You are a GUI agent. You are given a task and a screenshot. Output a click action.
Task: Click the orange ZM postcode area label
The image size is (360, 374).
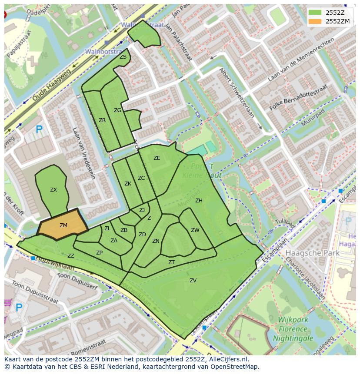[63, 225]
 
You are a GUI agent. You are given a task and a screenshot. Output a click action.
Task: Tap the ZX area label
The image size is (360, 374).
[53, 190]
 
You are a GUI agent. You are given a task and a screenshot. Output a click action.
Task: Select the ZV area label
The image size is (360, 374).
[193, 281]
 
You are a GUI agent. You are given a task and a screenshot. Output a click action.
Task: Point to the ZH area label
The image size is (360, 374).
[199, 201]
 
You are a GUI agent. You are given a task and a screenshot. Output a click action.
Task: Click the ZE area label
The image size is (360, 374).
[157, 158]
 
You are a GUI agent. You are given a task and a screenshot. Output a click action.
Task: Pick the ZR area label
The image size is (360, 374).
[102, 120]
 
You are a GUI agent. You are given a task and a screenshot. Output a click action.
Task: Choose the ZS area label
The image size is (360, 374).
[123, 57]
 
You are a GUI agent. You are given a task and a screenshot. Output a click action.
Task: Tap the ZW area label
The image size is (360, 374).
[195, 230]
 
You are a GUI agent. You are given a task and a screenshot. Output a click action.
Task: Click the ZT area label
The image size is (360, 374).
[171, 262]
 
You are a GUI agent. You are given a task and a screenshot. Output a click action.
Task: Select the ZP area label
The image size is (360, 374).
[100, 253]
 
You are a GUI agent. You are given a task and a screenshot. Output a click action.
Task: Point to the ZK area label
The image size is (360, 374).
[128, 184]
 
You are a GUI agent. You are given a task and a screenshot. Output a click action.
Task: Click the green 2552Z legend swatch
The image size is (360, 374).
[315, 12]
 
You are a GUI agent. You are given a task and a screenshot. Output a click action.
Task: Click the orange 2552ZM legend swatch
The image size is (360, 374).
[315, 21]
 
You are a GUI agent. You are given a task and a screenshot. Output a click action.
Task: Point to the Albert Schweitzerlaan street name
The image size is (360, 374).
[237, 93]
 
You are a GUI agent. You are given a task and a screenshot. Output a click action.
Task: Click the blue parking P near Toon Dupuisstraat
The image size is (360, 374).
[19, 308]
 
